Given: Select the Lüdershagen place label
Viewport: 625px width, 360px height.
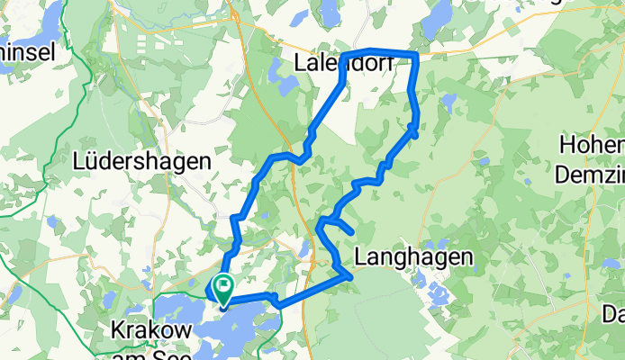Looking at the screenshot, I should tap(143, 162).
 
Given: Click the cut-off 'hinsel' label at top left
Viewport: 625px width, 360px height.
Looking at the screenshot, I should tap(27, 52).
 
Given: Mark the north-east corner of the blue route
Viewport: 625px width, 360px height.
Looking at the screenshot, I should tap(417, 56).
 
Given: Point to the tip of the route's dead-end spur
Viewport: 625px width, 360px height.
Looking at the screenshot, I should tap(349, 232).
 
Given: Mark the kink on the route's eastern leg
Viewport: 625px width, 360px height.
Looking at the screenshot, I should tap(415, 130).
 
